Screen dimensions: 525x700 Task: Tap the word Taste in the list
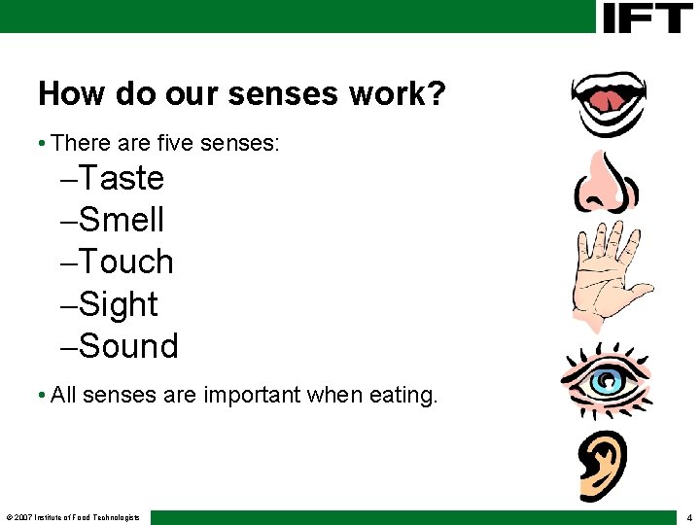coord(122,179)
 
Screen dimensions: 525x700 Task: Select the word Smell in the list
coord(122,221)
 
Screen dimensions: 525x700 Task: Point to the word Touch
coord(126,262)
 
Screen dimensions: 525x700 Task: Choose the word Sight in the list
coord(119,305)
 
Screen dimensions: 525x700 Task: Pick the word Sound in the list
coord(128,347)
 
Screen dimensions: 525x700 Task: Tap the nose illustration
coord(605,183)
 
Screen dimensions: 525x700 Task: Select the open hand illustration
coord(610,272)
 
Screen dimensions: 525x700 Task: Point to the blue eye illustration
coord(604,379)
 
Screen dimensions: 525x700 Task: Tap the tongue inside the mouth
coord(606,98)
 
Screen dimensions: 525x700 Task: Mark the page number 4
coord(688,517)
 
